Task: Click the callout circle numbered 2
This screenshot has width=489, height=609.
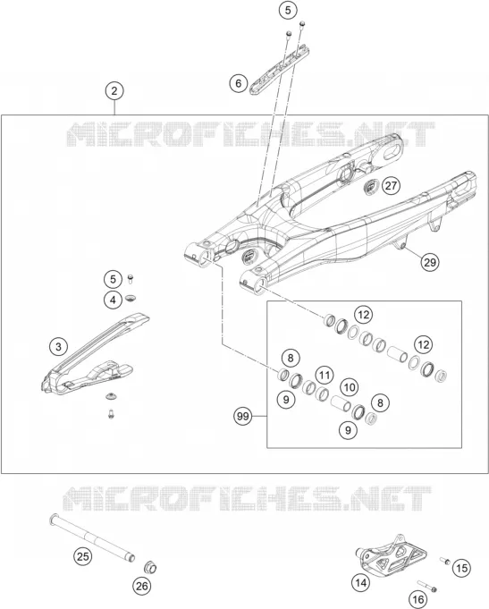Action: click(x=114, y=91)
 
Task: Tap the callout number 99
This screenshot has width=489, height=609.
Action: click(x=243, y=417)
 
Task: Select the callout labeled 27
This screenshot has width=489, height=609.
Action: click(x=391, y=186)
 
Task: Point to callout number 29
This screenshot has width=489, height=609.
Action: click(x=430, y=262)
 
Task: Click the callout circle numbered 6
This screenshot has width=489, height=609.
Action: click(x=239, y=83)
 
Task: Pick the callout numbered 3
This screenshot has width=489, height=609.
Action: click(x=59, y=346)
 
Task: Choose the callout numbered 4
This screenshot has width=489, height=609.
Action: click(x=113, y=300)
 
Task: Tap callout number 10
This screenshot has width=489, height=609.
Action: click(x=350, y=387)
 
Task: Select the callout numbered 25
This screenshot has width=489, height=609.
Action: click(x=83, y=556)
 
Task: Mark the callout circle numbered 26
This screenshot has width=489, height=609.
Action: click(x=142, y=586)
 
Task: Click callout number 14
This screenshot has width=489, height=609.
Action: click(x=361, y=582)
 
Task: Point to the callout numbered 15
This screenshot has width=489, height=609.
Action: click(x=461, y=568)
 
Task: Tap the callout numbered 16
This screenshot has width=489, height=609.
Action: click(x=417, y=600)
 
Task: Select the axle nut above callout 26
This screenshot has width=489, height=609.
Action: click(x=150, y=568)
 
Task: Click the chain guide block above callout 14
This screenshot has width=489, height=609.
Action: click(x=392, y=553)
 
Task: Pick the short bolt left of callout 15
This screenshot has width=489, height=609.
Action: click(x=444, y=561)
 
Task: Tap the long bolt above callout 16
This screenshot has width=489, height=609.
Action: click(x=427, y=586)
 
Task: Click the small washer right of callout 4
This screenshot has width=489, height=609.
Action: click(x=131, y=299)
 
